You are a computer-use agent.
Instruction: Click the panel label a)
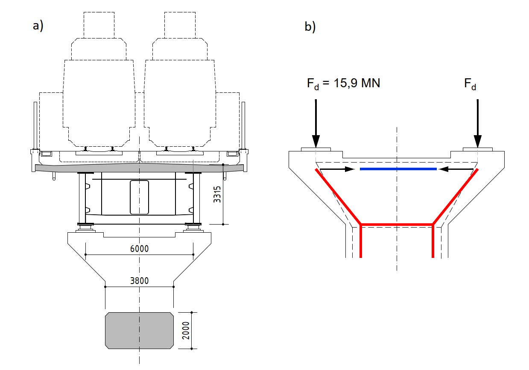coord(38,26)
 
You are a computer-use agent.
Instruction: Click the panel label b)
coord(310,27)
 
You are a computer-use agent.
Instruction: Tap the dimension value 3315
coord(217,195)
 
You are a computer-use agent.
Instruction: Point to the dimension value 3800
coord(139,281)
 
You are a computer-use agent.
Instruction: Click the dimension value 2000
coord(185,330)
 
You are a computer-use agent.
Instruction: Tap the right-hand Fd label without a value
coord(470,84)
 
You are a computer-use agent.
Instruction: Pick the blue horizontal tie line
coord(398,169)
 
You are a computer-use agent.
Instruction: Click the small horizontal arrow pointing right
coord(338,169)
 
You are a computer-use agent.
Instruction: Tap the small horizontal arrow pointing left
coord(457,169)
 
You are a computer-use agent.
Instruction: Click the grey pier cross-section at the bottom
coord(140,329)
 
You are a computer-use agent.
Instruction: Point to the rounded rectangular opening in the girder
coord(139,197)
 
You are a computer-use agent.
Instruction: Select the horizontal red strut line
coord(397,224)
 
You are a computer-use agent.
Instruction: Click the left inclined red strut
coord(339,196)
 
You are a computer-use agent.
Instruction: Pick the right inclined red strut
coord(456,196)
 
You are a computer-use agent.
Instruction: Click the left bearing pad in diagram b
coord(316,149)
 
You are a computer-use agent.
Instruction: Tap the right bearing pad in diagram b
coord(477,149)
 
